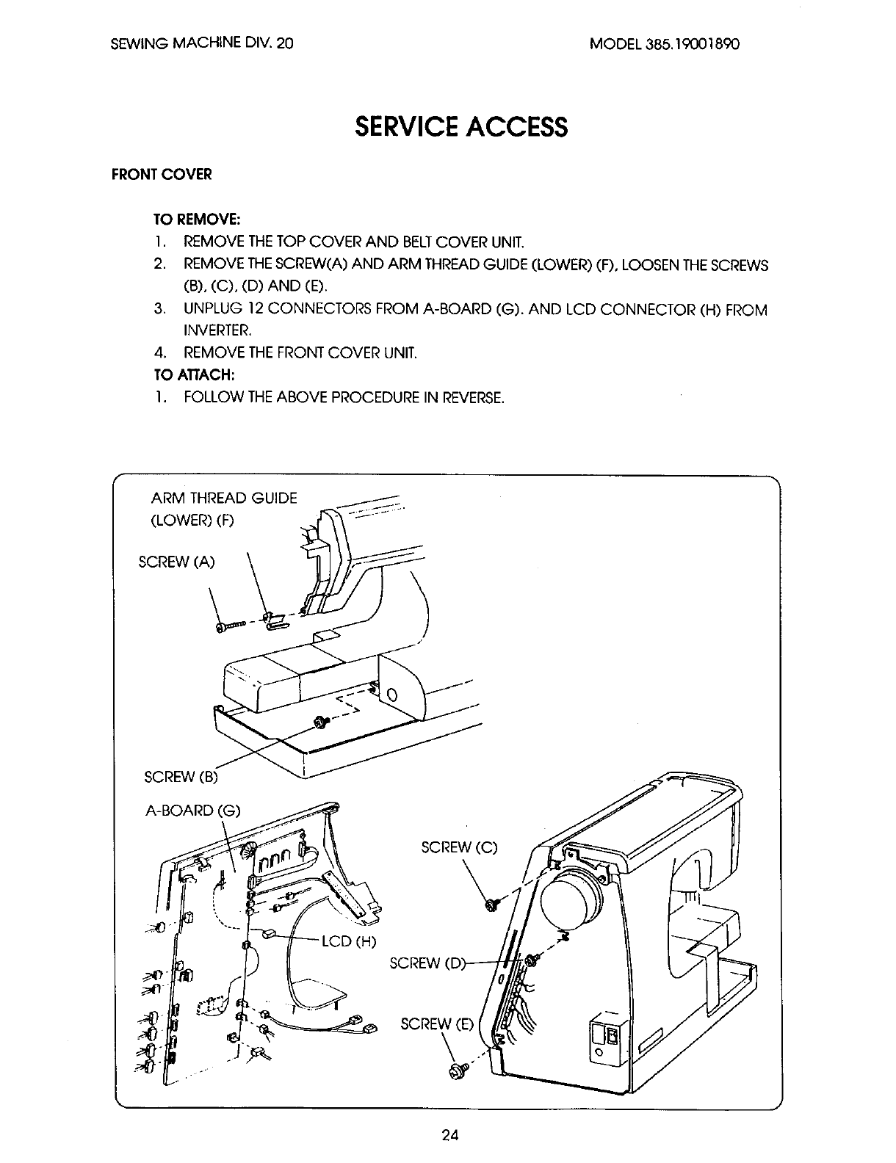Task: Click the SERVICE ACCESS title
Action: point(460,126)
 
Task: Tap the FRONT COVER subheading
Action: point(161,175)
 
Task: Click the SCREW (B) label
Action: point(183,776)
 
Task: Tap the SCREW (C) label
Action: point(459,847)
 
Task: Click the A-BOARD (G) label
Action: point(193,811)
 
